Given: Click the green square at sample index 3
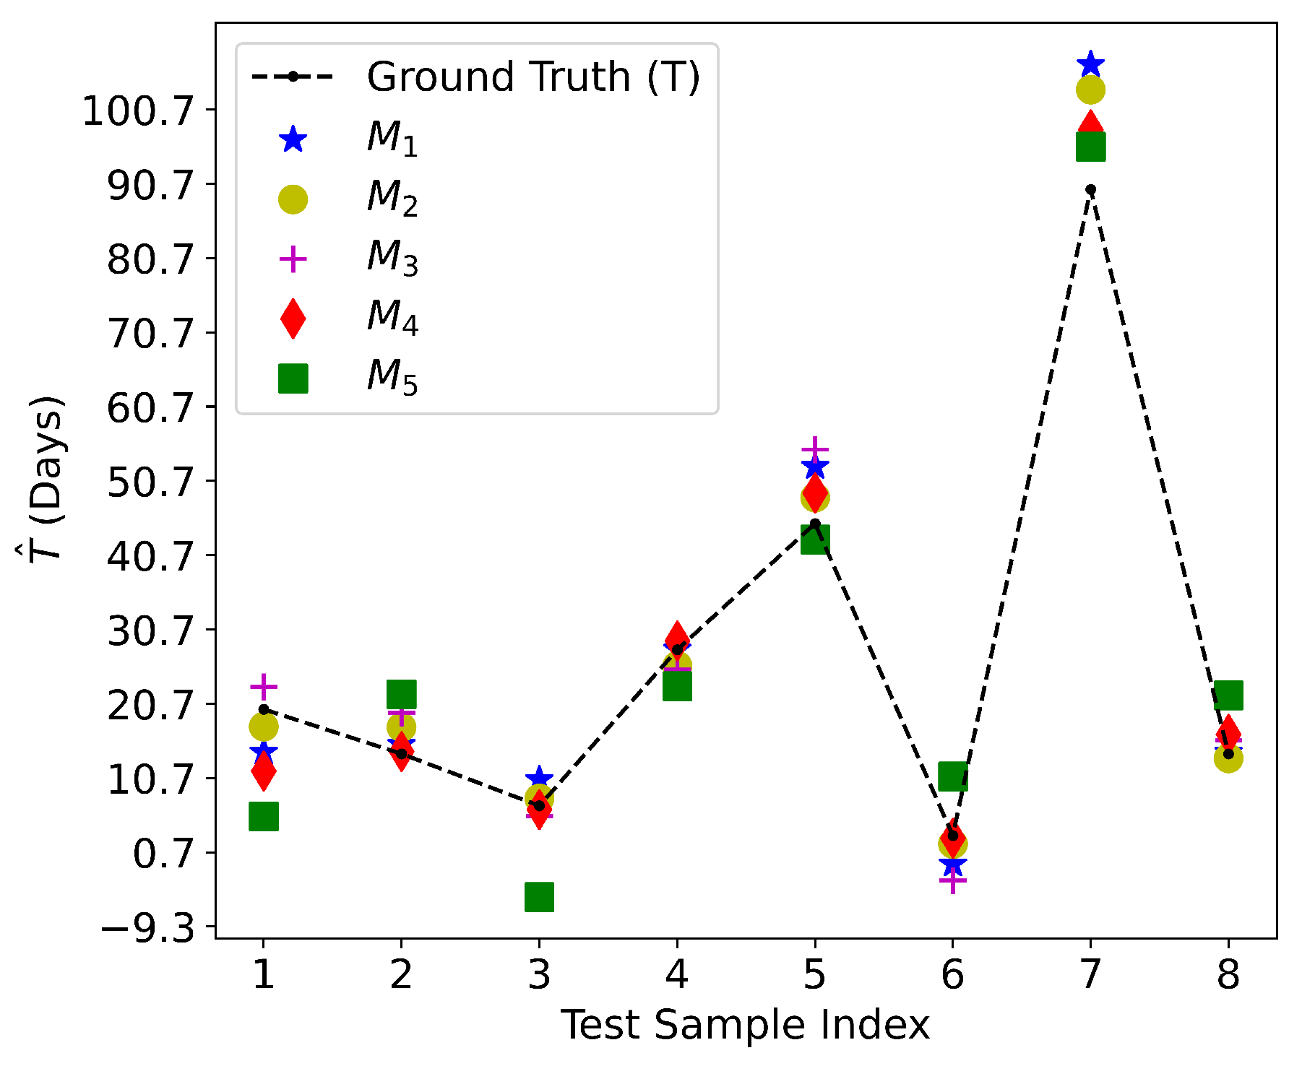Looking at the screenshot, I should (539, 897).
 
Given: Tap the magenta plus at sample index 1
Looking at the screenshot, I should (264, 686).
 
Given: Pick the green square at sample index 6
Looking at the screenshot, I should (952, 776).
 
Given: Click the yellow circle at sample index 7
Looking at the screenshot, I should (1090, 90).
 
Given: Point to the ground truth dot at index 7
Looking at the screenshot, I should (1090, 190).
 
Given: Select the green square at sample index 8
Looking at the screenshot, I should (1228, 695).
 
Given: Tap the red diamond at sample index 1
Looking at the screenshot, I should (264, 771).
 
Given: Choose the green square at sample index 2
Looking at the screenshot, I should (401, 694).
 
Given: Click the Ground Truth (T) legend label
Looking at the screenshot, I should (533, 77).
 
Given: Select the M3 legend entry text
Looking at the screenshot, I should (392, 258).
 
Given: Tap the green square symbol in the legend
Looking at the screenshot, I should (293, 378).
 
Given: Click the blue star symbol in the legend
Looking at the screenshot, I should (293, 139).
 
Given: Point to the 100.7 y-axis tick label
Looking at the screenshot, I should (139, 111).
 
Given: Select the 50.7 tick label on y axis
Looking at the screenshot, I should (151, 482).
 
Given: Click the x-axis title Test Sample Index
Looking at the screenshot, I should (745, 1026).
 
